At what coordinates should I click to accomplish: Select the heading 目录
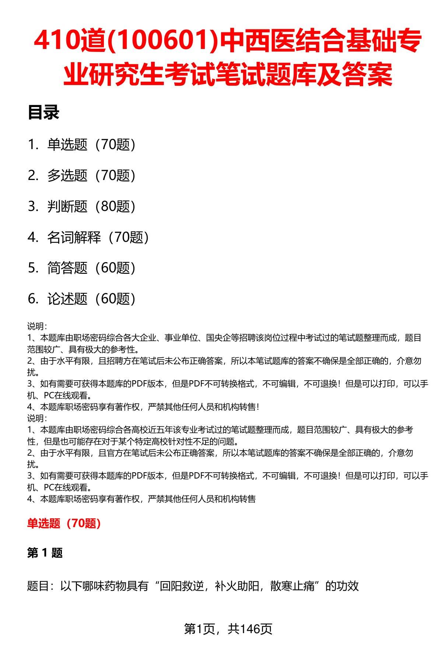click(43, 113)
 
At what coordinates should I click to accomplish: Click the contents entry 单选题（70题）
click(91, 145)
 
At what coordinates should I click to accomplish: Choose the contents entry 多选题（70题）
click(91, 176)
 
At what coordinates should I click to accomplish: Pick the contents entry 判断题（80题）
click(91, 206)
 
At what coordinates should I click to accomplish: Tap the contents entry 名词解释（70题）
click(98, 237)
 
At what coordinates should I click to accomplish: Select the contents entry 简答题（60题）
click(91, 268)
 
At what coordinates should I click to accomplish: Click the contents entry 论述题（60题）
click(91, 299)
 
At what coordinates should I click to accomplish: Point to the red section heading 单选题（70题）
click(64, 523)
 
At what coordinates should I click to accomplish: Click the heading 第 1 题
click(45, 553)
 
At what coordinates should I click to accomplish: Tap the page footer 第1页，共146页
click(228, 629)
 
